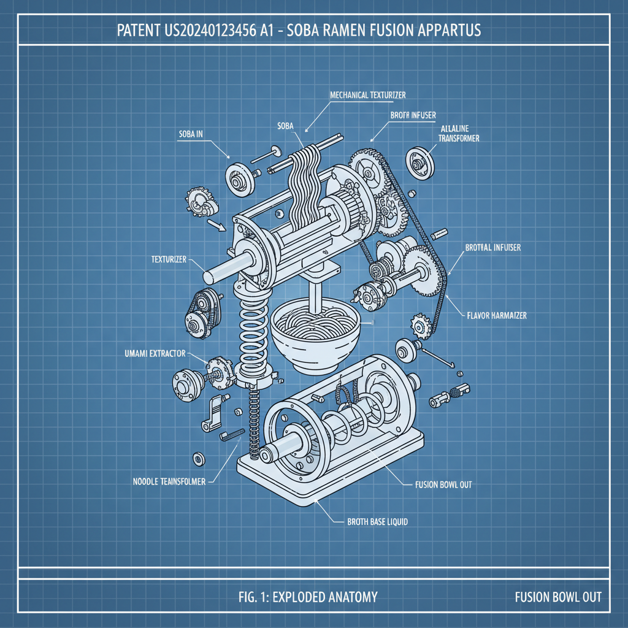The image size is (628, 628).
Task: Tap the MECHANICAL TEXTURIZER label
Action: (x=368, y=95)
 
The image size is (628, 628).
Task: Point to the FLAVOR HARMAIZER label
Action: (x=494, y=316)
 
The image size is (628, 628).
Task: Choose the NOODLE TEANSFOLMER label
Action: (x=169, y=481)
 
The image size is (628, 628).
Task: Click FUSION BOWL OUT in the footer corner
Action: (x=558, y=597)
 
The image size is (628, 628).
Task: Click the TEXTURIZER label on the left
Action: (x=168, y=259)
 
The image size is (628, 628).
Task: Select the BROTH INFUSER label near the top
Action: (x=413, y=115)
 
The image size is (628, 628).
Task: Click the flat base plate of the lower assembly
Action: (x=331, y=484)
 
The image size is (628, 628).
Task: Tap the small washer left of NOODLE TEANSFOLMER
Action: (x=199, y=458)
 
